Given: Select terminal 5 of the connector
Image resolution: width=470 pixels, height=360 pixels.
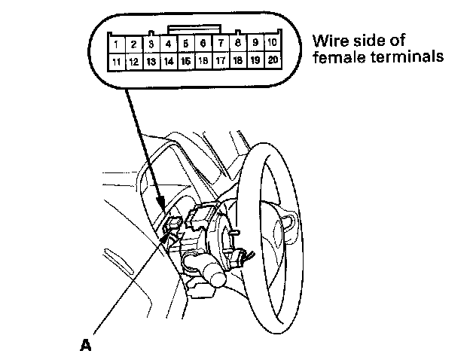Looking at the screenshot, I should [x=185, y=44].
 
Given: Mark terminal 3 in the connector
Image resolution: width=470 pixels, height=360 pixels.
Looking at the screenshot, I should [x=151, y=44].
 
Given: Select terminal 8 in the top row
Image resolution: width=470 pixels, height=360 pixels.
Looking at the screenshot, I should [x=238, y=44].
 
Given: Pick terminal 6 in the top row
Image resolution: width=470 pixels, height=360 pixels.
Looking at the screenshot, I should [x=203, y=44].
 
